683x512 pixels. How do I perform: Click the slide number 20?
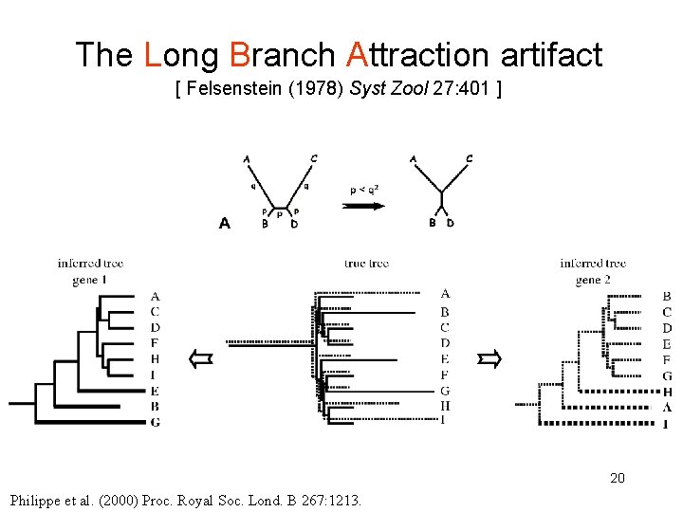[x=618, y=478]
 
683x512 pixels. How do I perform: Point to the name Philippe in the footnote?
[x=36, y=500]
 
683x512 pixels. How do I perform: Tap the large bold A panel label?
[x=225, y=224]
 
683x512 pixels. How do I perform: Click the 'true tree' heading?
[x=366, y=264]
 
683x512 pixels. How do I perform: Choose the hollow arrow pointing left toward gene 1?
[x=200, y=358]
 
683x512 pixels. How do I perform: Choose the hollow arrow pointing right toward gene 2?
[x=489, y=358]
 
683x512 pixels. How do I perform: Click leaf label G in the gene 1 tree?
[x=155, y=422]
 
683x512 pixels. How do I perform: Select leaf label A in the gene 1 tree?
[x=155, y=297]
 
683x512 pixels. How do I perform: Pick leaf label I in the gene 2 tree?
[x=667, y=423]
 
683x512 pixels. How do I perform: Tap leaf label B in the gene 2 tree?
[x=667, y=297]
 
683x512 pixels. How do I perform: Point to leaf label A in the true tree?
[x=446, y=295]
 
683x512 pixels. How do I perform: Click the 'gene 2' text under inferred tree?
[x=593, y=280]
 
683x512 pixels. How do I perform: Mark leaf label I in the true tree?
[x=445, y=420]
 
